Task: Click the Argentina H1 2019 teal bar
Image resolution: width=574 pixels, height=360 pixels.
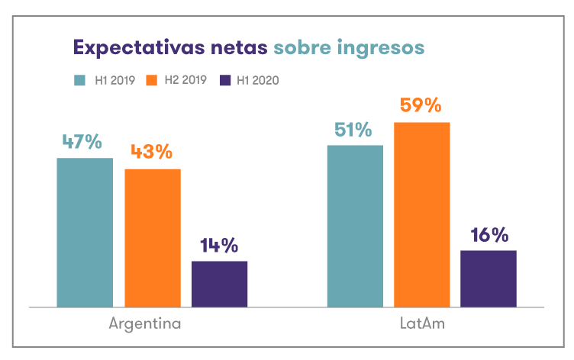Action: [85, 233]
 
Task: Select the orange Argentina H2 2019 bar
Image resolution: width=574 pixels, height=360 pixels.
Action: [153, 238]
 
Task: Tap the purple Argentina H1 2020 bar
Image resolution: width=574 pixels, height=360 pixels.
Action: [219, 284]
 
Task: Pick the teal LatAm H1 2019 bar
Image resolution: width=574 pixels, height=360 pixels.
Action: [355, 226]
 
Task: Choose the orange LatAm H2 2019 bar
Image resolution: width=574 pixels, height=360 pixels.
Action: [422, 214]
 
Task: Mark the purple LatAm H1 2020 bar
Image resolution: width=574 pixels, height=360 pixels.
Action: [489, 278]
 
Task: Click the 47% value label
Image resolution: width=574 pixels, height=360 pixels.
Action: [82, 142]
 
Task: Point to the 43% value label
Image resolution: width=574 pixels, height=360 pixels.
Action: [151, 152]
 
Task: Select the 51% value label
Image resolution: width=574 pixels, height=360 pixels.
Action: [353, 130]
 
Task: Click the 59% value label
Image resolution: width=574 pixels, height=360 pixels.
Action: [421, 105]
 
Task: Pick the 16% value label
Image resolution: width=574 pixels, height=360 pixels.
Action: [489, 235]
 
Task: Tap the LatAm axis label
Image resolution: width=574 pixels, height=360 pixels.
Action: [422, 323]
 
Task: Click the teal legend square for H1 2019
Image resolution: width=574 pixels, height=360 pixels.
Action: [79, 79]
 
